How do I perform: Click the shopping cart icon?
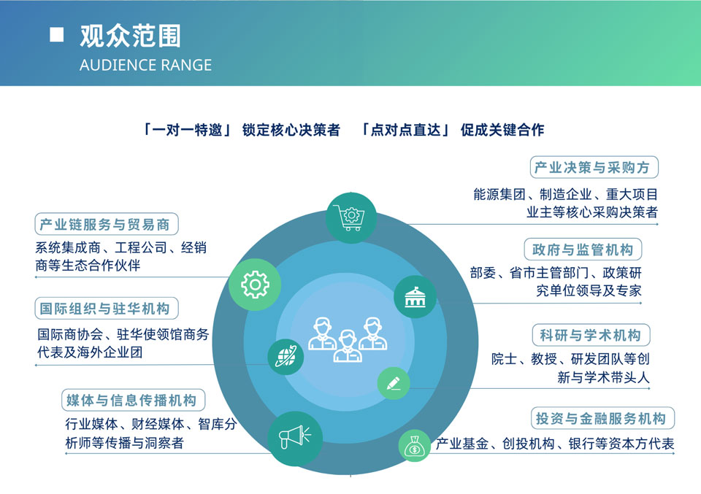pos(351,217)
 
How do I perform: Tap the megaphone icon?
pos(294,436)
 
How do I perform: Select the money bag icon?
pos(415,447)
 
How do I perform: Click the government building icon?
pos(415,296)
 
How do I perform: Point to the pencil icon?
pos(394,383)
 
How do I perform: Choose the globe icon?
pos(286,356)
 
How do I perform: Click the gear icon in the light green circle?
pos(255,285)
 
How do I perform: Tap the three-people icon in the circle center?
pos(348,339)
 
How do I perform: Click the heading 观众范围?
pos(130,36)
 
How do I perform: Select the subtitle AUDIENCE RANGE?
pos(146,65)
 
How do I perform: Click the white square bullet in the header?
pos(56,34)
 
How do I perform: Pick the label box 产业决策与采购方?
pos(594,168)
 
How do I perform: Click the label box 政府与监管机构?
pos(583,250)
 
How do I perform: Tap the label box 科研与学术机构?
pos(591,335)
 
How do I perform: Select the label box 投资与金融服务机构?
pos(602,419)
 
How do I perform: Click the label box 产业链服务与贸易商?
pos(107,224)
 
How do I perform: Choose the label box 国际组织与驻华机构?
pos(107,308)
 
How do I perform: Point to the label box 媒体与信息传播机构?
pos(133,400)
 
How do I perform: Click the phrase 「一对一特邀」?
pos(186,130)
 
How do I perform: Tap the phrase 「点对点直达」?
pos(405,130)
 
